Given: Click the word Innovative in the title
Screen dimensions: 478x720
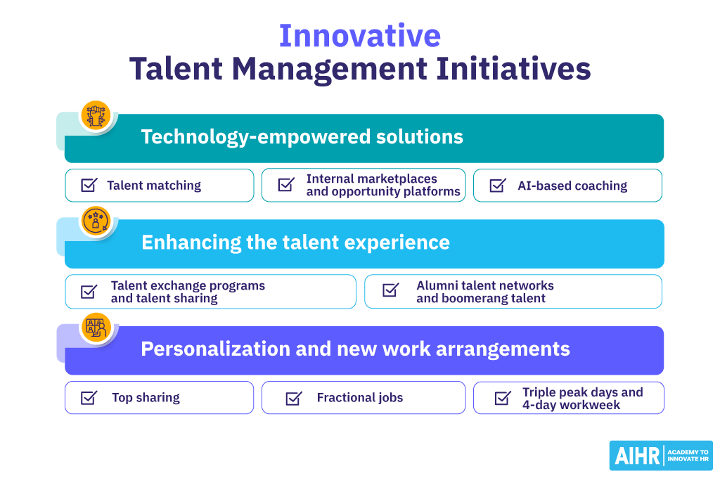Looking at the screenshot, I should pos(359,36).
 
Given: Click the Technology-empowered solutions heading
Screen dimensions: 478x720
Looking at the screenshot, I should pos(302,136).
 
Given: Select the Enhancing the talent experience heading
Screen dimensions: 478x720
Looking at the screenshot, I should pos(295,243).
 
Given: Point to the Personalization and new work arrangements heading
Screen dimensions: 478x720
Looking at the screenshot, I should pos(355,349).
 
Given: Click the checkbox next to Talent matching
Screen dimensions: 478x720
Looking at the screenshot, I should pos(89,186).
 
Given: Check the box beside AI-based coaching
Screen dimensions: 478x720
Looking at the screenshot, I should pos(497,186).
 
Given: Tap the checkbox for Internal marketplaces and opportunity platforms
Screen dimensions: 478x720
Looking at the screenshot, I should pos(286,185).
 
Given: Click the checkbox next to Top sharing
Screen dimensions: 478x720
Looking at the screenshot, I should pos(89,398).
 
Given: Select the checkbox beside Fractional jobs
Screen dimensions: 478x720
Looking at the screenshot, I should pos(293,398).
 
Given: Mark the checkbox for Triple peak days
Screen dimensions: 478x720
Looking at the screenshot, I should pos(503,398).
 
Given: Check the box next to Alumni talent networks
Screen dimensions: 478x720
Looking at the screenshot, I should pos(390,291).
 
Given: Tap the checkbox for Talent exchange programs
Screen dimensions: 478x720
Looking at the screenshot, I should pos(89,291).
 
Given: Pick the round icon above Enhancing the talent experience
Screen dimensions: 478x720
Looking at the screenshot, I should pos(96,221).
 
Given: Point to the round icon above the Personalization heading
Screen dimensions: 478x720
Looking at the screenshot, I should pos(96,328).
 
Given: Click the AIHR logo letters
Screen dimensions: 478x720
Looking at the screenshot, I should pos(636,456).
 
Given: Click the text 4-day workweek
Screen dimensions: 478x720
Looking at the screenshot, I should pos(570,406).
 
